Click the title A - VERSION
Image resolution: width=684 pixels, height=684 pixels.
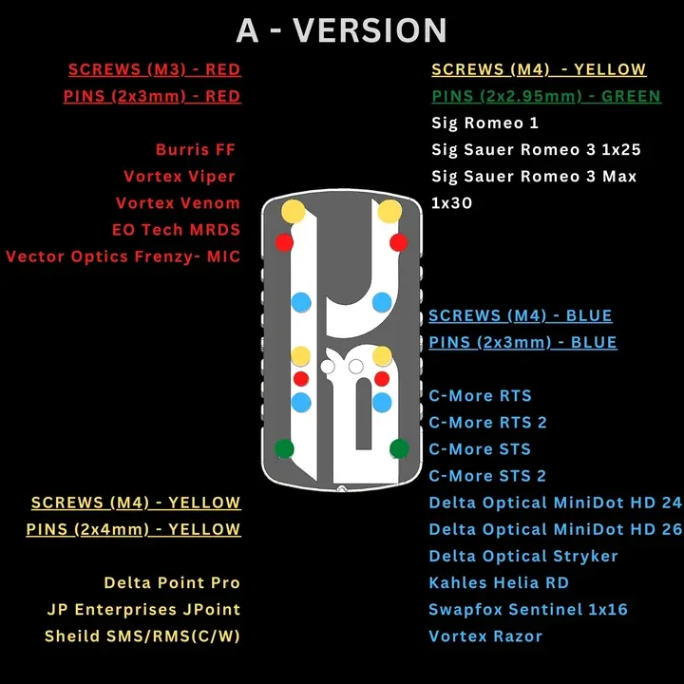[342, 30]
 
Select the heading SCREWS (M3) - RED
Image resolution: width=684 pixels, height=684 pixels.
[155, 69]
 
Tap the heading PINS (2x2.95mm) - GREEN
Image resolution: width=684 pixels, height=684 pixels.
[546, 96]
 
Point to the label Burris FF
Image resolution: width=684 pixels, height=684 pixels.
[196, 150]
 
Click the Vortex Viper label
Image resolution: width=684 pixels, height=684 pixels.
[180, 177]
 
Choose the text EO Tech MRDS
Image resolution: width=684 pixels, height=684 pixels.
[177, 230]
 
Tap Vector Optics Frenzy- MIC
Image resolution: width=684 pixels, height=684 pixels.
[123, 256]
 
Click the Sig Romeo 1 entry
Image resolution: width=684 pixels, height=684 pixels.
[484, 123]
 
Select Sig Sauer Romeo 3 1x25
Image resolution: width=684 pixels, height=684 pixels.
[536, 150]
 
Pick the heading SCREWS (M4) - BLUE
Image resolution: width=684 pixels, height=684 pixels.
[520, 315]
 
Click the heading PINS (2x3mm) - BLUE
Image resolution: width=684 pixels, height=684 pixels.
[522, 342]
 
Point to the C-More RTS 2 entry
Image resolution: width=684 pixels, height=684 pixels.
[487, 422]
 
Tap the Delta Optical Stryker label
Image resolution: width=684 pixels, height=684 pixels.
[523, 556]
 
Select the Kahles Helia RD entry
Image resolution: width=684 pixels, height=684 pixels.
[499, 582]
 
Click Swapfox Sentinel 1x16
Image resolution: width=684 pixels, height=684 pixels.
[528, 609]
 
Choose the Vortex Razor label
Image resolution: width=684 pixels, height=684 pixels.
[485, 636]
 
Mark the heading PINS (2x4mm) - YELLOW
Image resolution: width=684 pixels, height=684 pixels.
[134, 529]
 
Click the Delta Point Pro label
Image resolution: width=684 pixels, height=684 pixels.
[172, 582]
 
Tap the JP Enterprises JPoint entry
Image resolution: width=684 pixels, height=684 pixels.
[143, 609]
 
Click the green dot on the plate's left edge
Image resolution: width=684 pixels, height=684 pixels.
[284, 448]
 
